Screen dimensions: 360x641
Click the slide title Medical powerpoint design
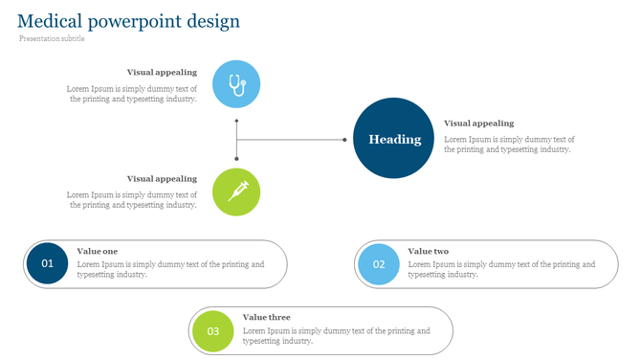click(x=128, y=21)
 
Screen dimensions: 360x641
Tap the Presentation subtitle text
click(x=52, y=39)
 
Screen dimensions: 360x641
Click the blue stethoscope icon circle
click(x=236, y=83)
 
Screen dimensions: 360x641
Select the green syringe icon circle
click(x=236, y=191)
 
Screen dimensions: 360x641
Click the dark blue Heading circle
click(x=395, y=139)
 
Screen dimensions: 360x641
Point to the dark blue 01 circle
click(x=48, y=263)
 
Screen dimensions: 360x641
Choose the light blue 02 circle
click(x=379, y=264)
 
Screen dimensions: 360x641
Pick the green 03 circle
click(x=213, y=331)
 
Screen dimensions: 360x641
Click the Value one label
click(x=98, y=251)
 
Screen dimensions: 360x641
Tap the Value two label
click(x=428, y=251)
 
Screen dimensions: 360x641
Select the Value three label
click(x=266, y=317)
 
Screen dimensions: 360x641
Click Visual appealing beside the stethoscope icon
click(x=162, y=72)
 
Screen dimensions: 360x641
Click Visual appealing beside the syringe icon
click(x=162, y=178)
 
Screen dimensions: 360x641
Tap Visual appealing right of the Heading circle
click(x=478, y=124)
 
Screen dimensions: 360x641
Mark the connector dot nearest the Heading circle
click(x=345, y=140)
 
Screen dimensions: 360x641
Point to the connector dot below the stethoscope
click(x=236, y=122)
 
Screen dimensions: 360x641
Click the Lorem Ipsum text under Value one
click(x=170, y=269)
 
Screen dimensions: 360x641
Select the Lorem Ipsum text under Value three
click(x=336, y=335)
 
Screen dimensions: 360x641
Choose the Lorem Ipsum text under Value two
click(x=500, y=269)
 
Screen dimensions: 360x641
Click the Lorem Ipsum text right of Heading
click(x=509, y=144)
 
